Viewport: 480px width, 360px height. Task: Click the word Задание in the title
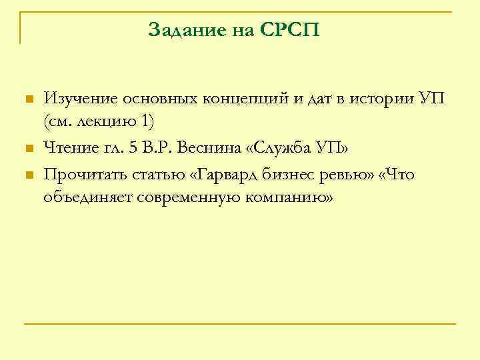coord(181,30)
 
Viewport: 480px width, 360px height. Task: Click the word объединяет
coord(87,198)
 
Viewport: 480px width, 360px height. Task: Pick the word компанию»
coord(288,198)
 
